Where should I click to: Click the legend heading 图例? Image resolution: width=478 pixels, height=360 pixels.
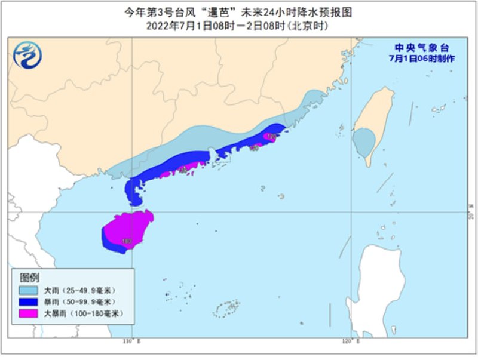click(x=29, y=278)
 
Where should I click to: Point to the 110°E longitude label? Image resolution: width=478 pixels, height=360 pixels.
click(x=131, y=341)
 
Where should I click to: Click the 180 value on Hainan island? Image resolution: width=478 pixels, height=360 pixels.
click(x=127, y=242)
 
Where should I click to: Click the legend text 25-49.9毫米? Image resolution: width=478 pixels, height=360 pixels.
click(x=88, y=290)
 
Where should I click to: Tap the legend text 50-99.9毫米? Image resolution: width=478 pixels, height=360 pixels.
click(x=88, y=301)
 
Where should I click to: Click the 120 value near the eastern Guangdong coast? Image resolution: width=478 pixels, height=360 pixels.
click(x=271, y=137)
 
